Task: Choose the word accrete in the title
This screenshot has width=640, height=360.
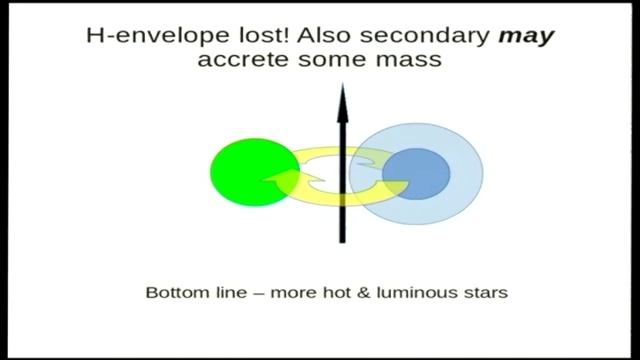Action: pyautogui.click(x=240, y=60)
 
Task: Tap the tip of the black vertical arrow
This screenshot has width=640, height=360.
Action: pyautogui.click(x=342, y=88)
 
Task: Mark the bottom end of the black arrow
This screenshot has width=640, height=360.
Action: pyautogui.click(x=342, y=240)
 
